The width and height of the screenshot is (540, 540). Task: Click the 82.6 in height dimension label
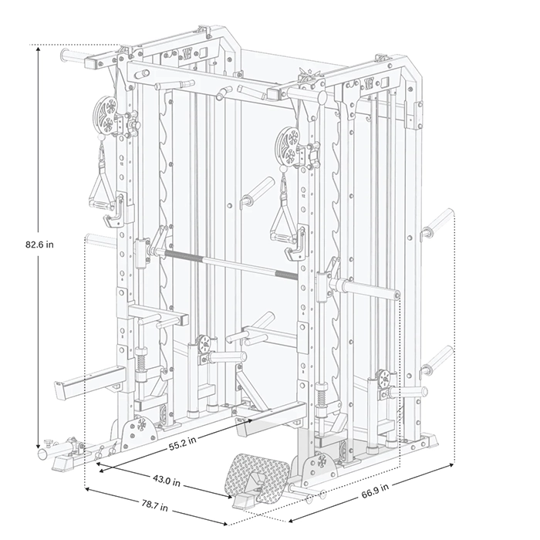(39, 245)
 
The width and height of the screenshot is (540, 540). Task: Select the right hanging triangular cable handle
(282, 228)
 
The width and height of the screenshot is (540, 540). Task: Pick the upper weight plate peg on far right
(438, 222)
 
